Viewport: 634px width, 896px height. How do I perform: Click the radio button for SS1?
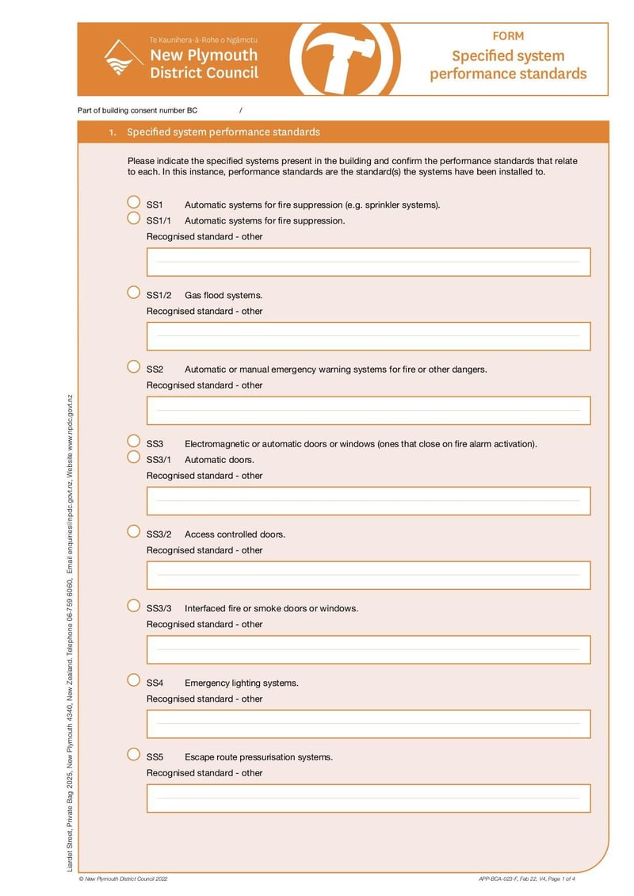[134, 203]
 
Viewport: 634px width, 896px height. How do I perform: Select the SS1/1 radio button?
[134, 218]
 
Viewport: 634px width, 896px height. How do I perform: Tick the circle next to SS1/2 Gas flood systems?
[134, 293]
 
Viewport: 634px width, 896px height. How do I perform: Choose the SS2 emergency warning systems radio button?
[134, 366]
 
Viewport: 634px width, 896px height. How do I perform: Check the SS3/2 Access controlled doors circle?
[134, 531]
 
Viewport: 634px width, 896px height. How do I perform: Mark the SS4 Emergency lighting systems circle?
[134, 680]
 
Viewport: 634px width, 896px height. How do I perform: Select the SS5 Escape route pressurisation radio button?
[134, 754]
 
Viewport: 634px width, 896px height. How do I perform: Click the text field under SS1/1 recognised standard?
[369, 262]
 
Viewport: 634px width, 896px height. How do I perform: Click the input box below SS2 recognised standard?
[369, 411]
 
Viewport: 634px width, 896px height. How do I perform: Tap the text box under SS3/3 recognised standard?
[369, 649]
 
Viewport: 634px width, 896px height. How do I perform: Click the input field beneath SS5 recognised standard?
[369, 798]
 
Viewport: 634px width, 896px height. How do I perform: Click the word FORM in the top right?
[508, 36]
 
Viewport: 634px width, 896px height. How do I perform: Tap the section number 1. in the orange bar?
[113, 132]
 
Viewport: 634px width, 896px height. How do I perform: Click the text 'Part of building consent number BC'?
[137, 110]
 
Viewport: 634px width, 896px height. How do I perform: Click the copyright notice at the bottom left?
[123, 879]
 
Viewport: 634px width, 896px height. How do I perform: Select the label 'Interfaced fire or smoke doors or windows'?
[271, 609]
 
